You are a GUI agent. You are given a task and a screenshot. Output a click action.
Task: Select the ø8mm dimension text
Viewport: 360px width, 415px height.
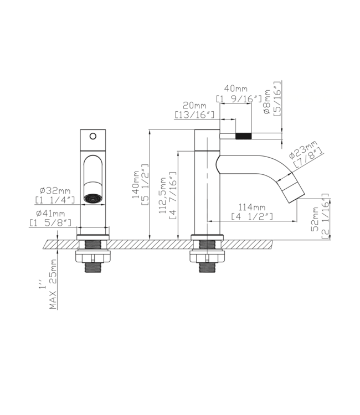[267, 103]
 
